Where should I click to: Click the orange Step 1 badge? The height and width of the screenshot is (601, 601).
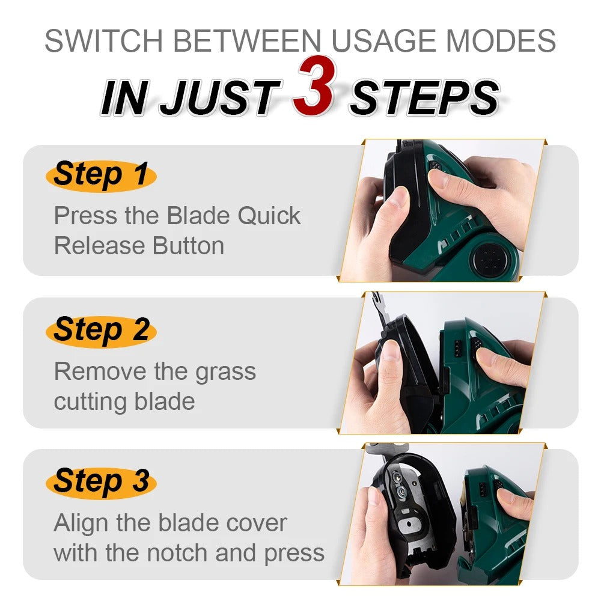(x=100, y=175)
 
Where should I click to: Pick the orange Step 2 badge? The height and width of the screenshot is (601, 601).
(x=100, y=330)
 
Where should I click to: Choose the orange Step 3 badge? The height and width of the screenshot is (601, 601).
(x=100, y=481)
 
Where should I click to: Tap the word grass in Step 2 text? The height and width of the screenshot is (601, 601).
(x=225, y=371)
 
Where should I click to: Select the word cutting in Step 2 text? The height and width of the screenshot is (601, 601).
(x=88, y=401)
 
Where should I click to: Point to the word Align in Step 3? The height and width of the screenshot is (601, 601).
(x=81, y=523)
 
